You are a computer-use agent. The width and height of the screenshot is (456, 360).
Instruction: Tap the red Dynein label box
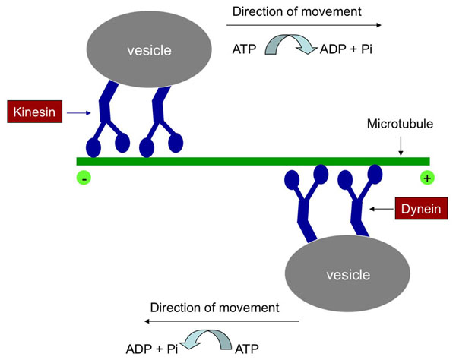click(x=416, y=207)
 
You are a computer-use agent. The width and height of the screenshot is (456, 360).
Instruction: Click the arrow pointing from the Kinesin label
click(x=78, y=112)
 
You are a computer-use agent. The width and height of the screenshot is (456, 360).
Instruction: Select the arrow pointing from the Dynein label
click(x=380, y=207)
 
